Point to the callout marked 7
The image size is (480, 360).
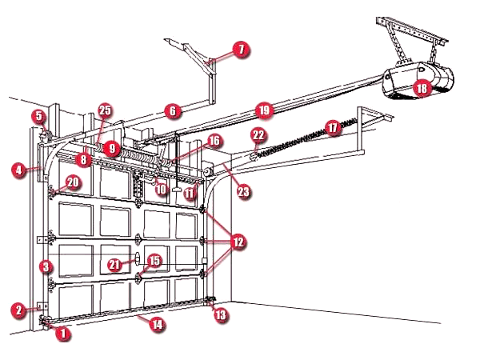241,50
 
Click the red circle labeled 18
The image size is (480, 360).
419,88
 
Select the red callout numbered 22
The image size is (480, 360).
258,134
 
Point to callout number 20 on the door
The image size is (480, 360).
73,182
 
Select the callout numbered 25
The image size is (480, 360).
106,110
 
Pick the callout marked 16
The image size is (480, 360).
213,141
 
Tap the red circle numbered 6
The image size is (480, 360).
170,110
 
